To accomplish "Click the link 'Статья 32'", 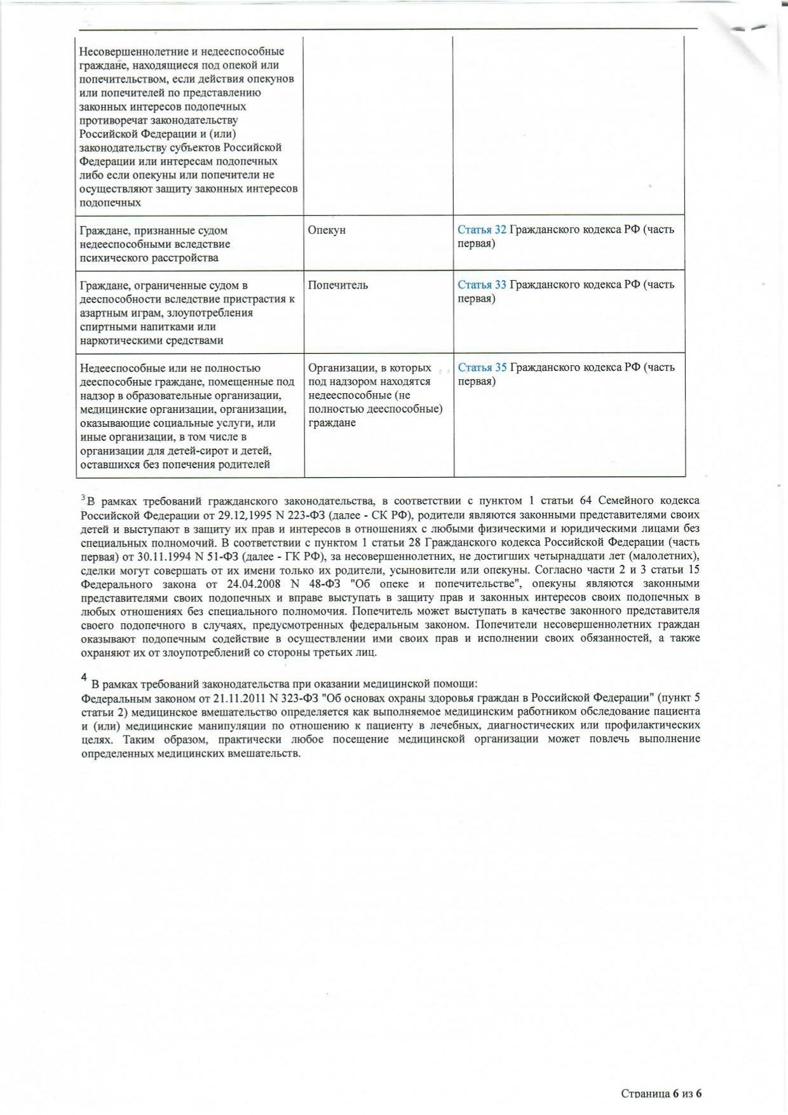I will click(x=482, y=230).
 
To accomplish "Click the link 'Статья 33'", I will click(x=482, y=285).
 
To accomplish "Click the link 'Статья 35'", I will click(x=482, y=367).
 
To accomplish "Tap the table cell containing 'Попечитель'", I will click(x=378, y=311).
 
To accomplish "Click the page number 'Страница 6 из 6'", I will click(x=661, y=1093).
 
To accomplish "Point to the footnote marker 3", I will click(x=83, y=498).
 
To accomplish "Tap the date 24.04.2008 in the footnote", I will click(x=241, y=584).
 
